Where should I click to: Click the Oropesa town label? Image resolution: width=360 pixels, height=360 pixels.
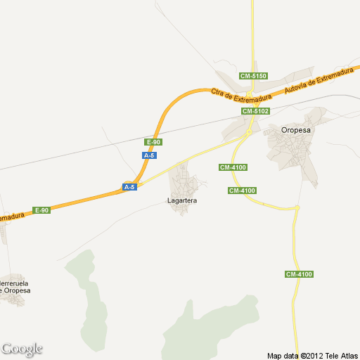[x=296, y=130]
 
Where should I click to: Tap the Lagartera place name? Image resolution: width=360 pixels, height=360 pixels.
[x=182, y=201]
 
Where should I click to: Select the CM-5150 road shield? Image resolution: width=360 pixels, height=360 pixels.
[x=253, y=76]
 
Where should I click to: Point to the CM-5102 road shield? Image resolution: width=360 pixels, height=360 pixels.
[x=256, y=111]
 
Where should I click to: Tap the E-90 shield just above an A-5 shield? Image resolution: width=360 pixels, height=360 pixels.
[x=153, y=142]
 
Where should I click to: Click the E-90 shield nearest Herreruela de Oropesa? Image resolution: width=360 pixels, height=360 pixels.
[x=42, y=210]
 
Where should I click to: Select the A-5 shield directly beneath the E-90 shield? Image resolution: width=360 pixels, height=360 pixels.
[x=148, y=155]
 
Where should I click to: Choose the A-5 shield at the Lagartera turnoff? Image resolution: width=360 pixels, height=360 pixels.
[x=129, y=187]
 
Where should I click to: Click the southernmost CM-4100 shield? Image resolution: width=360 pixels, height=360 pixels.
[x=299, y=274]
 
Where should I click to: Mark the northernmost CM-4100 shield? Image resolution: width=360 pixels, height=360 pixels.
[x=233, y=167]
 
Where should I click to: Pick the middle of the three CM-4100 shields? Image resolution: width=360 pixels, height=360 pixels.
[x=242, y=191]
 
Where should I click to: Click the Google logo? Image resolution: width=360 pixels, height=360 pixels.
[x=22, y=349]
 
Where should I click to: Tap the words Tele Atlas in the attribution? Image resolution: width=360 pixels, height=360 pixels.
[x=342, y=355]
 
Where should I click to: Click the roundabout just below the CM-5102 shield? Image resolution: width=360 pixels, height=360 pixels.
[x=249, y=131]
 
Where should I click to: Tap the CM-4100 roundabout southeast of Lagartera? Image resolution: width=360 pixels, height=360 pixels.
[x=297, y=207]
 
